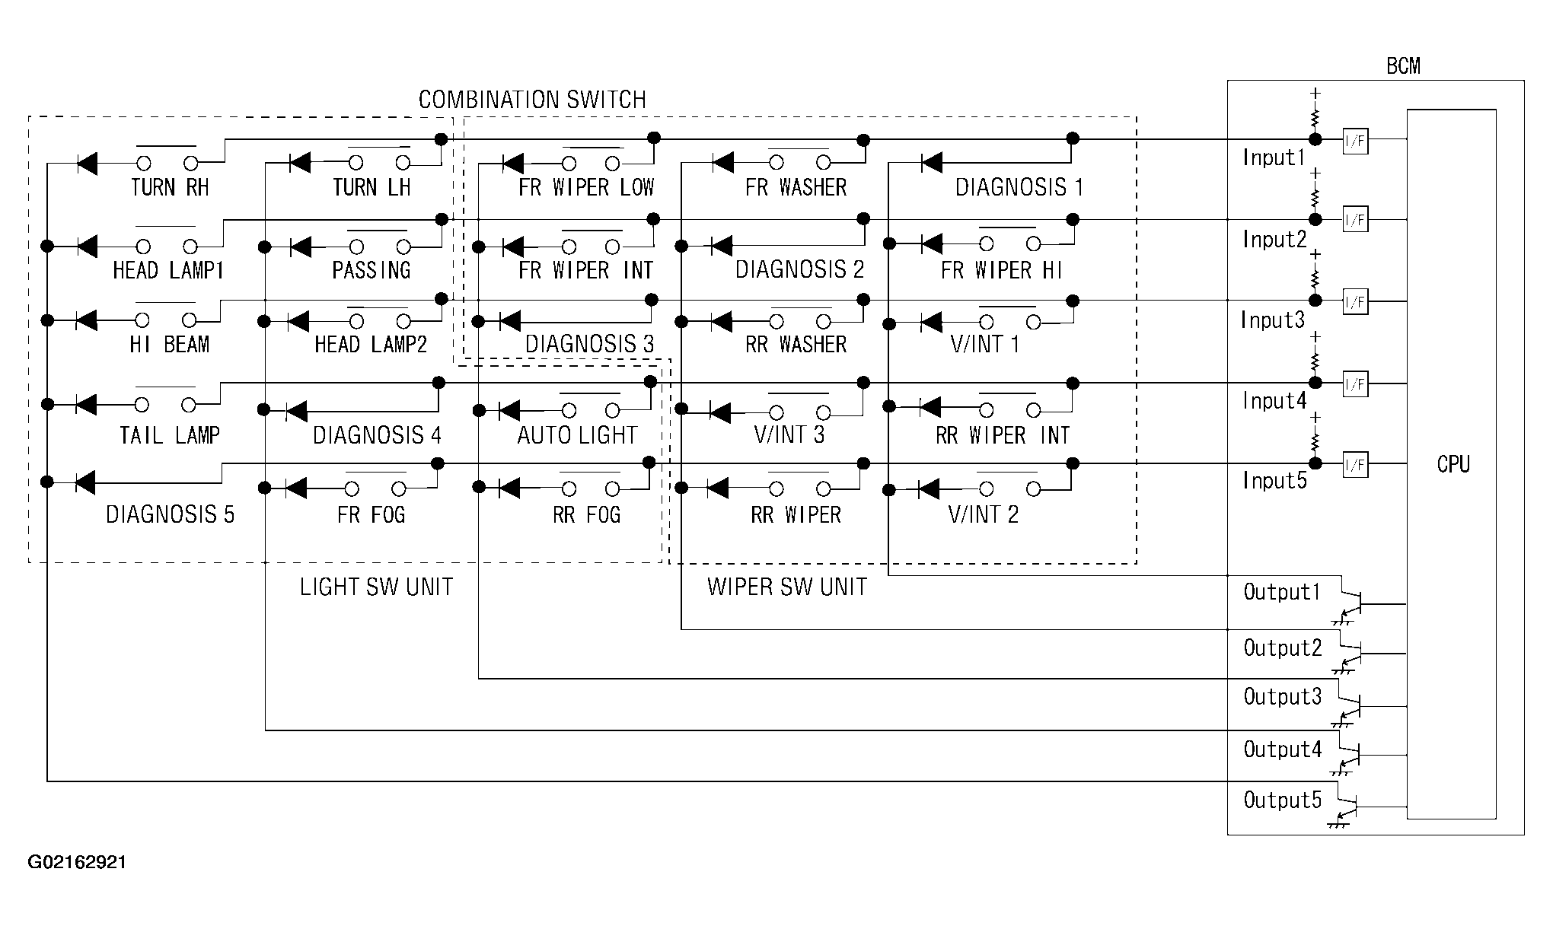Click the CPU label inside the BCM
tap(1453, 464)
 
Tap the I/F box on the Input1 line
tap(1355, 141)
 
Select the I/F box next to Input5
tap(1355, 465)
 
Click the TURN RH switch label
tap(170, 187)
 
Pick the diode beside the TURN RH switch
tap(87, 163)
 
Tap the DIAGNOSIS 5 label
tap(170, 515)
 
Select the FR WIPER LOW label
tap(586, 187)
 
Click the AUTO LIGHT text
tap(577, 435)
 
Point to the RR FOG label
tap(587, 515)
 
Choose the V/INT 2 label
tap(983, 515)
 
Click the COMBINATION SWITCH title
tap(532, 100)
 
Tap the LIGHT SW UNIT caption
tap(376, 587)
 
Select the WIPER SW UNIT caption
tap(787, 587)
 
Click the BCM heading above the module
tap(1403, 66)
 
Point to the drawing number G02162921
tap(77, 862)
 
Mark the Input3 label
tap(1273, 320)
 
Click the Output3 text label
tap(1283, 696)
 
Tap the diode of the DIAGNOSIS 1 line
tap(930, 163)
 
